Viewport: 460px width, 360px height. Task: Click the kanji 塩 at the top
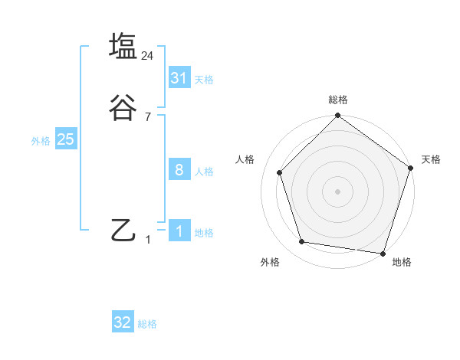[x=123, y=46]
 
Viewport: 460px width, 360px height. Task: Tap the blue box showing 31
[x=179, y=78]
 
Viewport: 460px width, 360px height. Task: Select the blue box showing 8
[x=179, y=170]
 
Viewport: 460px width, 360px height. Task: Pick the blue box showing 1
[x=179, y=231]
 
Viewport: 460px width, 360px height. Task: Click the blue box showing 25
[x=65, y=139]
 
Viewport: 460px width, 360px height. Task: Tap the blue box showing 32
[x=123, y=322]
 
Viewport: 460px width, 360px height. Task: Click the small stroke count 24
[x=148, y=55]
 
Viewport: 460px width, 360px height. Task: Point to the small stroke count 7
[x=148, y=117]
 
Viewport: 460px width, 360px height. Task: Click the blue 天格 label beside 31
[x=204, y=80]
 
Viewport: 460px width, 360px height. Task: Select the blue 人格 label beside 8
[x=204, y=172]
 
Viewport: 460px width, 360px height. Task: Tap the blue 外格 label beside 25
[x=41, y=141]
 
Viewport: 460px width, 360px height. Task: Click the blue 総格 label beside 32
[x=147, y=324]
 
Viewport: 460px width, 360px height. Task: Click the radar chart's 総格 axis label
[x=337, y=100]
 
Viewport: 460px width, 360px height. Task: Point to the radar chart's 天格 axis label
[x=431, y=159]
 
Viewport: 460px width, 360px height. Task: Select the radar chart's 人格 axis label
[x=245, y=159]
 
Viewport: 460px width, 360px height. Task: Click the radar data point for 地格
[x=383, y=253]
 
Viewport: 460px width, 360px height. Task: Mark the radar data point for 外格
[x=302, y=242]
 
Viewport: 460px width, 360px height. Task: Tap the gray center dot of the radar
[x=337, y=191]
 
